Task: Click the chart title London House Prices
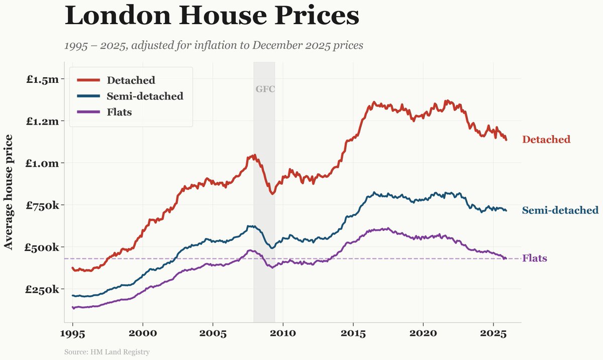(212, 16)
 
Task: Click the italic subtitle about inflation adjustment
(214, 45)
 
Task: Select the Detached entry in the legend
(131, 80)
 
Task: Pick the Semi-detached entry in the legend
(145, 96)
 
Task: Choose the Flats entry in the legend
(119, 112)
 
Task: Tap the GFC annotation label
(265, 89)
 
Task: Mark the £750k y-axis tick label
(43, 205)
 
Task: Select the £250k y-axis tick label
(43, 289)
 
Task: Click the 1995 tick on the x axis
(73, 334)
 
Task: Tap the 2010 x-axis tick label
(283, 334)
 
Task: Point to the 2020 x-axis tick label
(423, 334)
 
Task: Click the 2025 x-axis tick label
(493, 334)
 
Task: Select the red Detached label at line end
(546, 140)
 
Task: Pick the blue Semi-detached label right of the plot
(560, 210)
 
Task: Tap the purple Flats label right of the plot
(535, 259)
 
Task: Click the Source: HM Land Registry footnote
(107, 352)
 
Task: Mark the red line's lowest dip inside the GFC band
(272, 193)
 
